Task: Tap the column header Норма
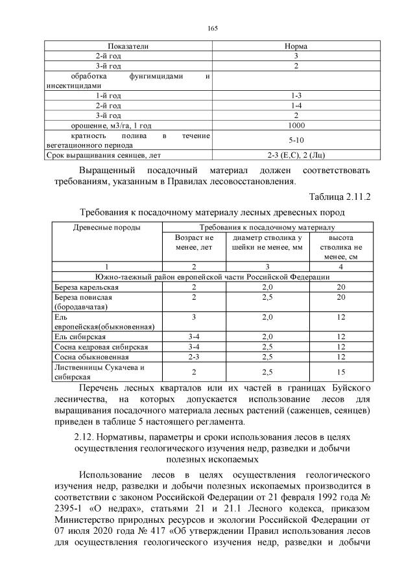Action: click(295, 47)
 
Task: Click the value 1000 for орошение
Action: click(295, 125)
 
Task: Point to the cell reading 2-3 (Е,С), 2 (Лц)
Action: click(295, 156)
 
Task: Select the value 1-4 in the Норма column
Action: click(295, 105)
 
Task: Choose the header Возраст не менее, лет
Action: click(193, 243)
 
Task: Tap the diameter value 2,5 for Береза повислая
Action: click(267, 297)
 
